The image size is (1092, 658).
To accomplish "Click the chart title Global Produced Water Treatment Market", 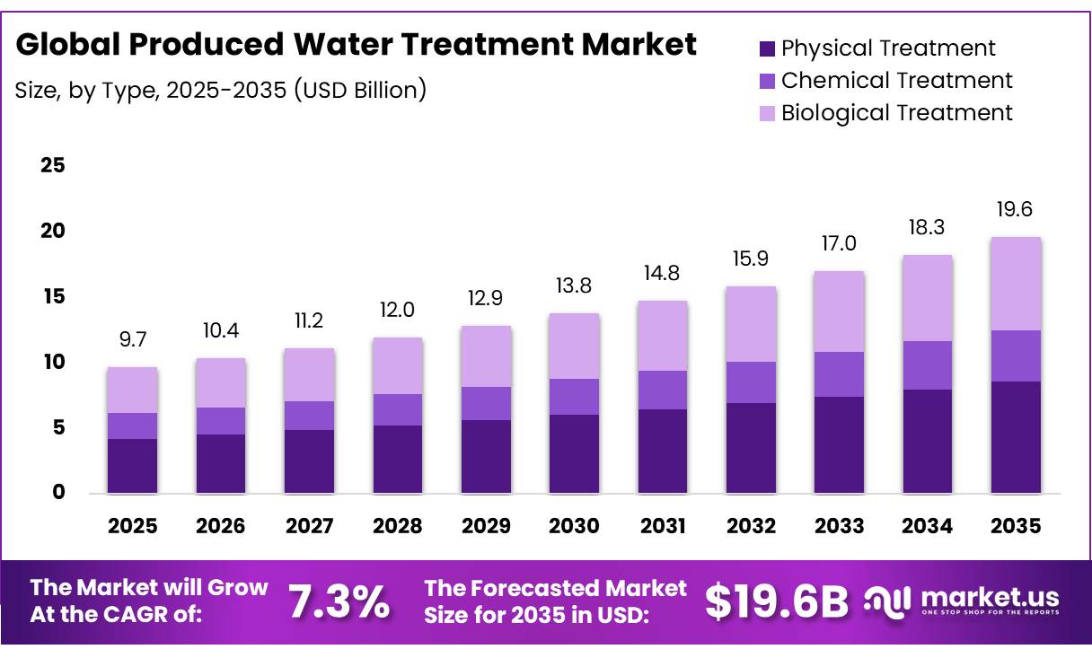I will (356, 44).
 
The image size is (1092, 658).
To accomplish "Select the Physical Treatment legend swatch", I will (766, 48).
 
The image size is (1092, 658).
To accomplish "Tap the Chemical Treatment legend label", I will (896, 81).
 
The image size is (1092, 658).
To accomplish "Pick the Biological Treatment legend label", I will (896, 113).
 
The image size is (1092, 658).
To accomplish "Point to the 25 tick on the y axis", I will (53, 166).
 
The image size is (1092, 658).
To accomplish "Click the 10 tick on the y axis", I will (53, 363).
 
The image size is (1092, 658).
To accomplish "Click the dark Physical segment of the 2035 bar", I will (1016, 437).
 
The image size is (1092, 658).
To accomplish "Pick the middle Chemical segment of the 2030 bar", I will (575, 397).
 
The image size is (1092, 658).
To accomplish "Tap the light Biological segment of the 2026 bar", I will (221, 383).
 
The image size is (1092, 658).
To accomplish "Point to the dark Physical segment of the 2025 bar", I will (132, 466).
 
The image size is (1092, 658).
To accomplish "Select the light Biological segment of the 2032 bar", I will (751, 324).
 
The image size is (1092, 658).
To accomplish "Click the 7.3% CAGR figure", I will (339, 601).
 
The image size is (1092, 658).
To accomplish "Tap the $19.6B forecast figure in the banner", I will (776, 601).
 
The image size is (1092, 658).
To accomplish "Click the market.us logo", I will (961, 601).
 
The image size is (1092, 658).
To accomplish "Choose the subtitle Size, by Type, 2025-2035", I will (221, 90).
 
